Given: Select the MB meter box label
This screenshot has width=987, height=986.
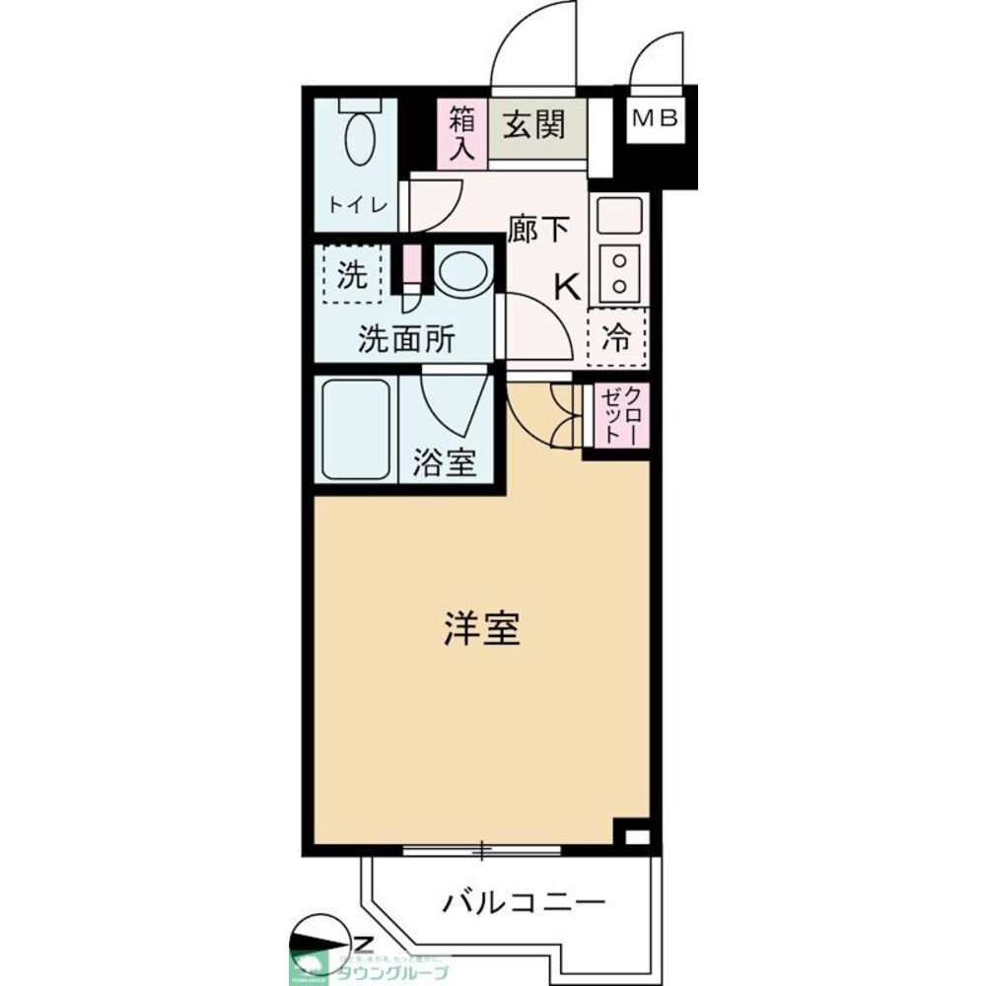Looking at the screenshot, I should [654, 119].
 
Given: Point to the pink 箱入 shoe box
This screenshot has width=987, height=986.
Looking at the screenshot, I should [462, 132].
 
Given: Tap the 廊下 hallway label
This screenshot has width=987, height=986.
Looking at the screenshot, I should [538, 230].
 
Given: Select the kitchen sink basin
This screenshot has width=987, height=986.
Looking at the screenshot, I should [619, 213].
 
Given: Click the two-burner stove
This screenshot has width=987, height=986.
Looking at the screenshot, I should [619, 271].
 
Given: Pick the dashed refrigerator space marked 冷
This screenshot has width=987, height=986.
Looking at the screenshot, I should [616, 339].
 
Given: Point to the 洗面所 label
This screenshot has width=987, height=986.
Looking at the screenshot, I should [405, 340].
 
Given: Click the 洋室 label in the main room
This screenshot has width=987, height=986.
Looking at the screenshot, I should [480, 630].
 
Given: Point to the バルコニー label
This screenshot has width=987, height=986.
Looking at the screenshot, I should [523, 900].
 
